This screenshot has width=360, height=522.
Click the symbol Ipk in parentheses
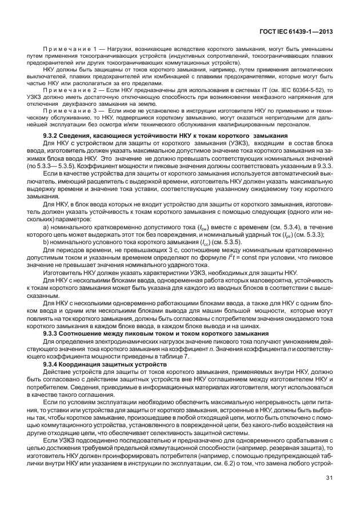tap(277, 234)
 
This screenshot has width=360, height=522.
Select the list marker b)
tap(46, 242)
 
